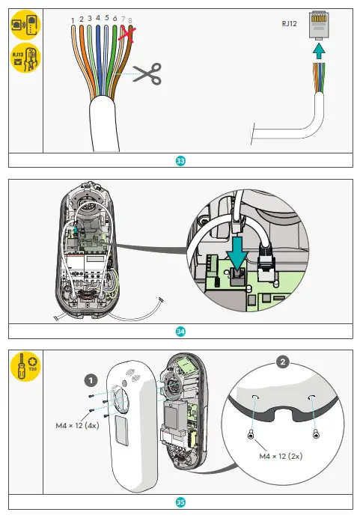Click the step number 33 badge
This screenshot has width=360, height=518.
(x=180, y=160)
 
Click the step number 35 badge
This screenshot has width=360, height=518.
(x=180, y=502)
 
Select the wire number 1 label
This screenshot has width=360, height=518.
(x=72, y=19)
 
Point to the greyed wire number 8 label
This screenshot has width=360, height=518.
(x=131, y=21)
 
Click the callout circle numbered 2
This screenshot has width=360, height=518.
(x=282, y=363)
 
